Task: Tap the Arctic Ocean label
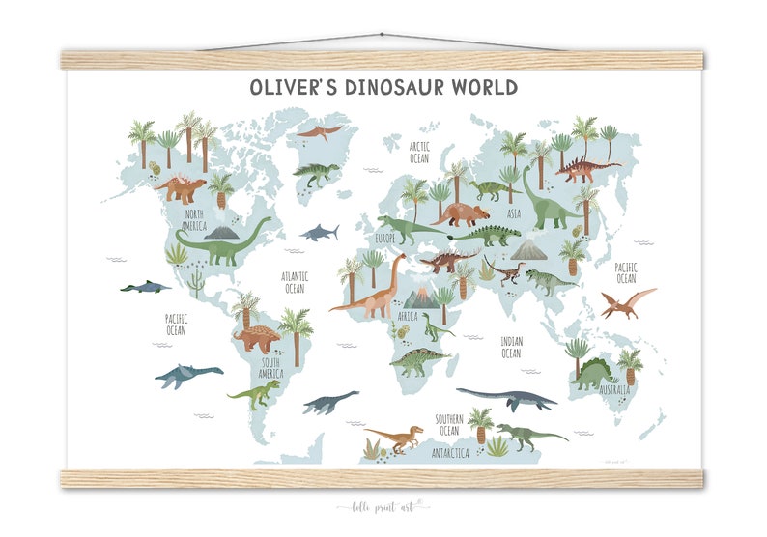pyautogui.click(x=418, y=153)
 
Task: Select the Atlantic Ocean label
pyautogui.click(x=295, y=282)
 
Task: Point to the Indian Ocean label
pyautogui.click(x=511, y=347)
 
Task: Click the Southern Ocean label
pyautogui.click(x=447, y=424)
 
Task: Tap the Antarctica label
pyautogui.click(x=450, y=452)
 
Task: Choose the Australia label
pyautogui.click(x=614, y=391)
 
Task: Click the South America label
pyautogui.click(x=270, y=368)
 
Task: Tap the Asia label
pyautogui.click(x=514, y=213)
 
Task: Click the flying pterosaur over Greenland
pyautogui.click(x=319, y=131)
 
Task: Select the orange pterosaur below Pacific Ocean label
pyautogui.click(x=627, y=303)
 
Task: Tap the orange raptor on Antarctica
pyautogui.click(x=395, y=438)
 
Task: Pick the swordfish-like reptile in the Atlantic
pyautogui.click(x=318, y=232)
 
